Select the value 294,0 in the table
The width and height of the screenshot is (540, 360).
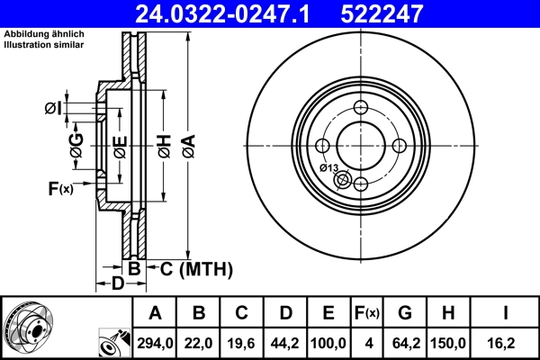click(155, 342)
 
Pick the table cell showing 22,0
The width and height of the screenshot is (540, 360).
click(199, 342)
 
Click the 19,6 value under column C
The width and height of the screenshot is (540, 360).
click(242, 342)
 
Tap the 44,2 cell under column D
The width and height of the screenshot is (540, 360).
click(285, 342)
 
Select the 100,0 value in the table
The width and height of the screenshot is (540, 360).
click(328, 342)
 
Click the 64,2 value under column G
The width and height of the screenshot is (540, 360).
click(405, 342)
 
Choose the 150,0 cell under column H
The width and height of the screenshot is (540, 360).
click(448, 342)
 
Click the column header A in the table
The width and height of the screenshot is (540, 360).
click(155, 313)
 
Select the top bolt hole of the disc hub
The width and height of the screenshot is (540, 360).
click(361, 108)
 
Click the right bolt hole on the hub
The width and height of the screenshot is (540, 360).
click(400, 146)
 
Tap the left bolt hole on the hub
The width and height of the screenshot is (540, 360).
click(323, 146)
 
